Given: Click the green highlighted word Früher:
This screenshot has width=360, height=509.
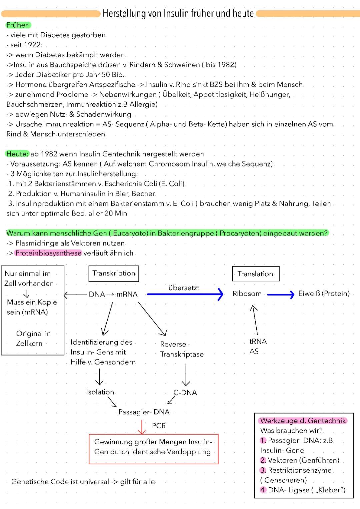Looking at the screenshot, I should tap(18, 25).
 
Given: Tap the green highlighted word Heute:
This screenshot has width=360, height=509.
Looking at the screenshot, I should tap(17, 154).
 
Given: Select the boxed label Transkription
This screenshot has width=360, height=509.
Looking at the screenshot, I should tap(114, 274).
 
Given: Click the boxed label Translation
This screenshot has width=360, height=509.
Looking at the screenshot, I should tap(255, 274).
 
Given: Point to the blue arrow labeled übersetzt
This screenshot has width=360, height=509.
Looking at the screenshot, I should tap(185, 294).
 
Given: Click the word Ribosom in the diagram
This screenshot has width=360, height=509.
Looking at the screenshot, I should tap(247, 294).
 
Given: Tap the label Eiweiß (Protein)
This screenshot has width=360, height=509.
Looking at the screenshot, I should tap(324, 294).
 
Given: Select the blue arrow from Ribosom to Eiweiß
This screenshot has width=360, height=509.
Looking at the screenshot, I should tap(281, 294).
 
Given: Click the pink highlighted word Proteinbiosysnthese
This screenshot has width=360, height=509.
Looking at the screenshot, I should tap(48, 253).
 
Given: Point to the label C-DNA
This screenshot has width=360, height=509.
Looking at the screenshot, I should tap(185, 393).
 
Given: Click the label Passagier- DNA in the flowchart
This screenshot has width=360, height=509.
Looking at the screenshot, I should tap(144, 412).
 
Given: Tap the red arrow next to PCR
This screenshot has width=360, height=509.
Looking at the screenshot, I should tap(142, 427).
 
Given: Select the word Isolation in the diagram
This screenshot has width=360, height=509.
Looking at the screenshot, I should tap(100, 392).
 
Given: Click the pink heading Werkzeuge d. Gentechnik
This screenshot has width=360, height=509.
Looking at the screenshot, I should tap(303, 421).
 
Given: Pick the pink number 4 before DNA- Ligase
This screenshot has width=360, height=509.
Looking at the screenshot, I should tap(263, 490).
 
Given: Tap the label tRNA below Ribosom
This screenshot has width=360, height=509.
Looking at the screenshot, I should tap(258, 341).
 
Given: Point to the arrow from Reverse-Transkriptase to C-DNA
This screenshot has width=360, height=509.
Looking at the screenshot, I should tap(186, 374).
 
